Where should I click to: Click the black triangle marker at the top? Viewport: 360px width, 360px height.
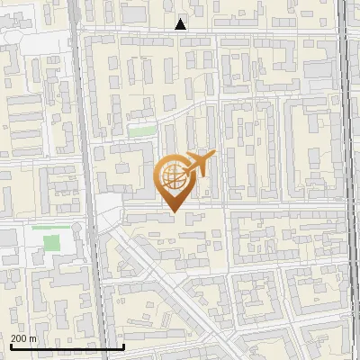point(181,24)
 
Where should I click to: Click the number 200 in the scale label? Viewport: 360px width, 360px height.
point(18,338)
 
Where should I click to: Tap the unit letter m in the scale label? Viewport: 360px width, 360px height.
point(33,338)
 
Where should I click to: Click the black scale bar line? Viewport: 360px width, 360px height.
point(67,346)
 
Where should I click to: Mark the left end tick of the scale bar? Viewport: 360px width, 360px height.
point(12,345)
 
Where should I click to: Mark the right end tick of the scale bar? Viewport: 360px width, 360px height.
point(123,345)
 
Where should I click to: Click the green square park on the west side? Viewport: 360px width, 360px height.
point(52,242)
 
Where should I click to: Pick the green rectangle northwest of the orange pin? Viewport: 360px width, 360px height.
point(140,131)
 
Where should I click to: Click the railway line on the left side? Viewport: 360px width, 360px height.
point(86,180)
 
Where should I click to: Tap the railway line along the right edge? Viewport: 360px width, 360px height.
point(347,180)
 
